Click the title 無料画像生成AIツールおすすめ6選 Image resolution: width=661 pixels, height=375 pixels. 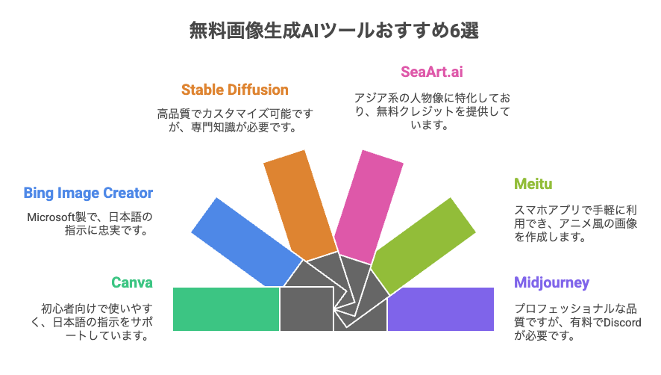[x=334, y=31]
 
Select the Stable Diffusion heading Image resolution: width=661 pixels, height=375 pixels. [x=235, y=90]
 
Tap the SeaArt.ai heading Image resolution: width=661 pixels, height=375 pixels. [x=432, y=72]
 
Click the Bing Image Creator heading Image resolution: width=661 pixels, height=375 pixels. [x=88, y=193]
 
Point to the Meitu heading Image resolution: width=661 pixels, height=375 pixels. [x=533, y=184]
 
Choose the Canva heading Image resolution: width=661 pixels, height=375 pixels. [x=132, y=282]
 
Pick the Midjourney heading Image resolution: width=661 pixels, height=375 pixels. [x=551, y=282]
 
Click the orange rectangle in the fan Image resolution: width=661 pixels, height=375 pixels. [x=300, y=205]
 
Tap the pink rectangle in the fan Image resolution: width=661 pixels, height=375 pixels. [x=369, y=207]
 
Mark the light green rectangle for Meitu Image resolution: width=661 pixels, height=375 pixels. [x=423, y=246]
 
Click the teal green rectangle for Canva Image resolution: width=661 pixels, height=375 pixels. [x=226, y=309]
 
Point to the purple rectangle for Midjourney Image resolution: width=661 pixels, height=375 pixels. [x=440, y=309]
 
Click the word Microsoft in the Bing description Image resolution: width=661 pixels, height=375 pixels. [x=51, y=217]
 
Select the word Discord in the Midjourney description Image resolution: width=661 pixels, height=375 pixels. [x=622, y=323]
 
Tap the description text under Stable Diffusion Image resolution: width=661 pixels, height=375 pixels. [x=235, y=120]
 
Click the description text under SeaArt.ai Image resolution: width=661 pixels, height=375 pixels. [x=432, y=111]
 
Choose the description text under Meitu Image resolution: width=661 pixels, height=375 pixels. [x=575, y=223]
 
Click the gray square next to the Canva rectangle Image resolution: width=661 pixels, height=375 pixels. [x=307, y=309]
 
